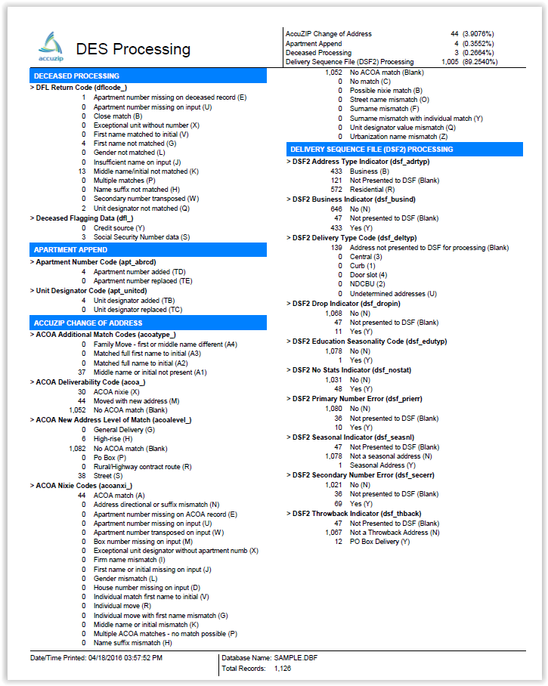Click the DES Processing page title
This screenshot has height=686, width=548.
133,49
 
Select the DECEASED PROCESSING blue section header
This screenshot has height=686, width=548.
76,76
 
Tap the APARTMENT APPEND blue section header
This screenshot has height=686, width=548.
70,250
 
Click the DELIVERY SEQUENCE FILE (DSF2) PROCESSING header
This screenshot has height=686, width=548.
372,150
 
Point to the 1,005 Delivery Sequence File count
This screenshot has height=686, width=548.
449,62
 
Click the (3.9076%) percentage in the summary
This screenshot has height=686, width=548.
479,34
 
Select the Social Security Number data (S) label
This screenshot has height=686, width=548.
141,236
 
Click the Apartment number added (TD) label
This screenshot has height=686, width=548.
139,271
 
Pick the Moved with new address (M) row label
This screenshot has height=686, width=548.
136,401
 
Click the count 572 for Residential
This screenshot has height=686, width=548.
336,189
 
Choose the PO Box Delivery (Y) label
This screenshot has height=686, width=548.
380,542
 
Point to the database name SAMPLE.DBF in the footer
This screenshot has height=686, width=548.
296,659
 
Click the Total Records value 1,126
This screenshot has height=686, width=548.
283,669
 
